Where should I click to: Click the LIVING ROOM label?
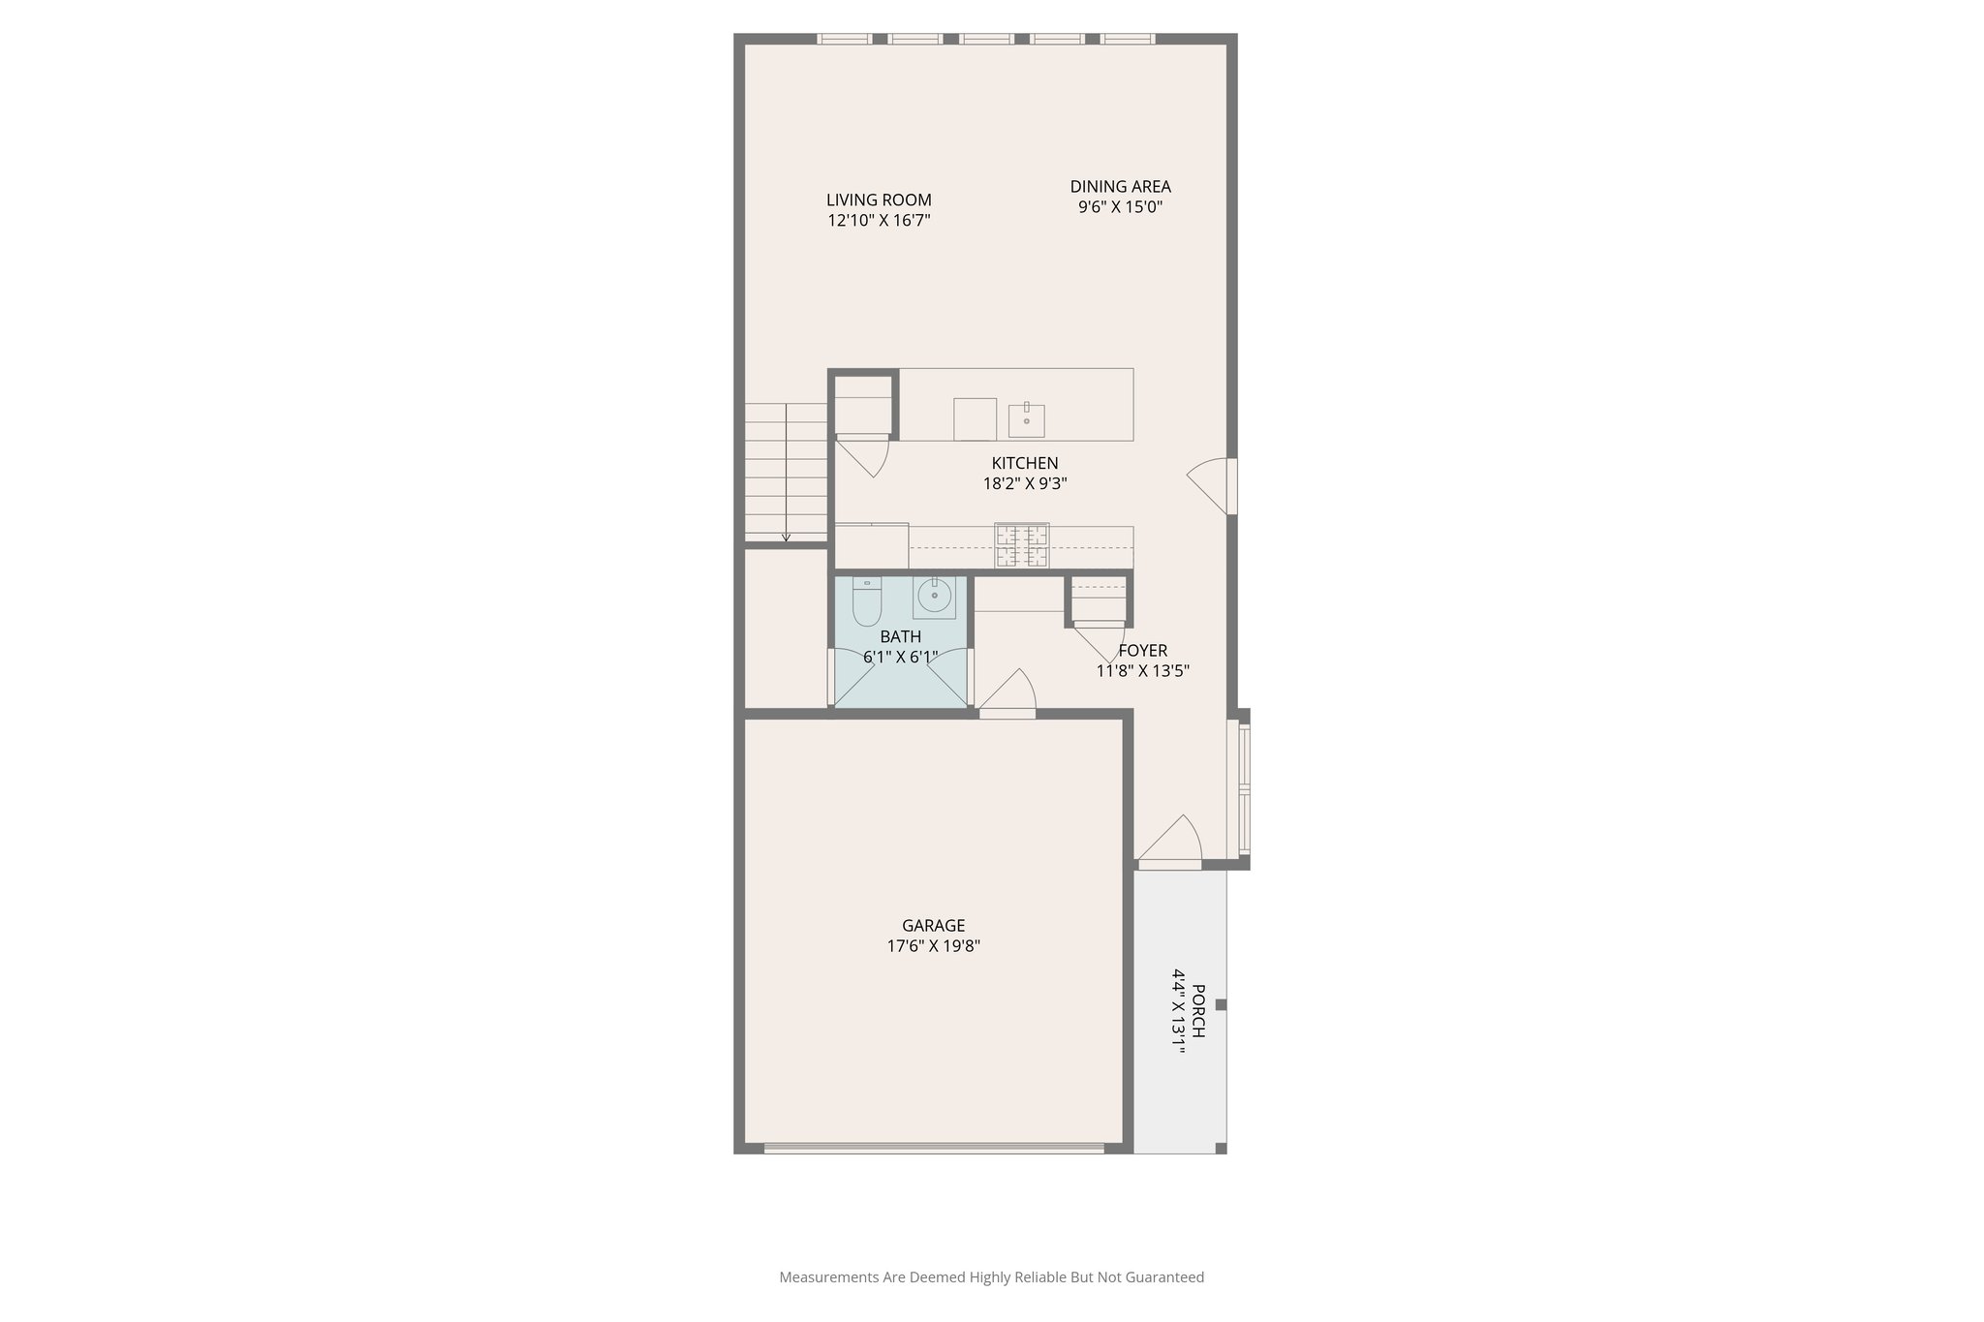[x=879, y=200]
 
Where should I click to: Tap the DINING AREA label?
[x=1120, y=187]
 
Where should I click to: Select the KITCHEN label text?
[x=1024, y=464]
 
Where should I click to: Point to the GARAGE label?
[x=933, y=926]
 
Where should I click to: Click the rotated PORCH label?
[x=1198, y=1011]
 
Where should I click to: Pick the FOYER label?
[x=1142, y=651]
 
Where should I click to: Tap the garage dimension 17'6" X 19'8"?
[x=933, y=946]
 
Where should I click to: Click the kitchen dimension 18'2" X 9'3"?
[x=1024, y=483]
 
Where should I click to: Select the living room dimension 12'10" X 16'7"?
[x=879, y=221]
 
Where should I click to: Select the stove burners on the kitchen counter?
[x=1021, y=545]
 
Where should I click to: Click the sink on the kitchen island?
[x=1026, y=419]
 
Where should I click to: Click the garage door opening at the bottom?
[x=933, y=1149]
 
